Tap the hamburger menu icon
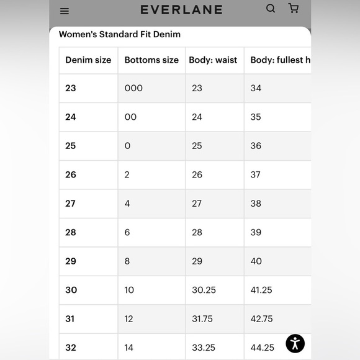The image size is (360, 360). pyautogui.click(x=65, y=11)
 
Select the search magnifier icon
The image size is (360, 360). pyautogui.click(x=271, y=9)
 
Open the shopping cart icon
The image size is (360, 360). pyautogui.click(x=294, y=9)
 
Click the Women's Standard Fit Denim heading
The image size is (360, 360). pyautogui.click(x=120, y=34)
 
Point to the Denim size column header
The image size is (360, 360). pyautogui.click(x=88, y=60)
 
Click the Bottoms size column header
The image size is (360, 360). pyautogui.click(x=151, y=60)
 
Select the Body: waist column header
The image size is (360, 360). pyautogui.click(x=214, y=60)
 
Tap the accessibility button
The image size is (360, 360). pyautogui.click(x=295, y=343)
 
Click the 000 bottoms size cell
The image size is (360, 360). pyautogui.click(x=133, y=88)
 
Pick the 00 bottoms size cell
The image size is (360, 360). pyautogui.click(x=130, y=117)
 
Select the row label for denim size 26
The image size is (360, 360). pyautogui.click(x=71, y=174)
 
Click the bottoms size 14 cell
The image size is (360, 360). pyautogui.click(x=129, y=348)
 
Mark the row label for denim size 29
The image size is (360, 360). pyautogui.click(x=71, y=261)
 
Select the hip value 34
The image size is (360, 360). pyautogui.click(x=256, y=88)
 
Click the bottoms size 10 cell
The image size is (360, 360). pyautogui.click(x=129, y=290)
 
